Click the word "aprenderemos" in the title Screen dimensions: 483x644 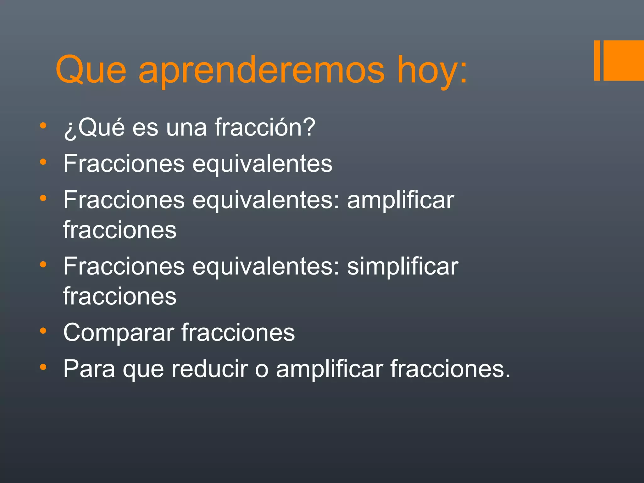click(261, 71)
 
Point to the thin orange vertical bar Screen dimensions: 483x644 click(597, 60)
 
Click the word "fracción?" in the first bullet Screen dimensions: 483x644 click(265, 127)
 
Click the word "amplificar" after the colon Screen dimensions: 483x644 click(401, 201)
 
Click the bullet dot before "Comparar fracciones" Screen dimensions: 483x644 click(43, 331)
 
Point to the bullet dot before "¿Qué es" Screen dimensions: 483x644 click(43, 126)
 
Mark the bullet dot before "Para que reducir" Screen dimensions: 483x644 click(43, 367)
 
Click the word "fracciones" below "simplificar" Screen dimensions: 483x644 click(120, 296)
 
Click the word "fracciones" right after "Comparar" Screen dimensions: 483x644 click(238, 333)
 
